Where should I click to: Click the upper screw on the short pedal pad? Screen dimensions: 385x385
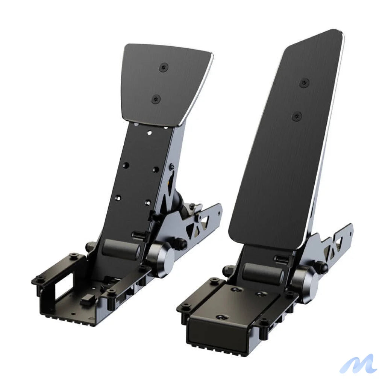click(164, 68)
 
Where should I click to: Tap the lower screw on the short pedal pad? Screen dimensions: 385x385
click(156, 99)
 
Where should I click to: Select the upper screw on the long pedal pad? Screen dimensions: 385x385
click(304, 83)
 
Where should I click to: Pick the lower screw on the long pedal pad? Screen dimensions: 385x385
click(297, 116)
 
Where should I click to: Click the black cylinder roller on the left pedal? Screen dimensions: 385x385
click(121, 249)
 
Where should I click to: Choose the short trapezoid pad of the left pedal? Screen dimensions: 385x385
click(165, 83)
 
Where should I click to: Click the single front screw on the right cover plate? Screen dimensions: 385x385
click(221, 318)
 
